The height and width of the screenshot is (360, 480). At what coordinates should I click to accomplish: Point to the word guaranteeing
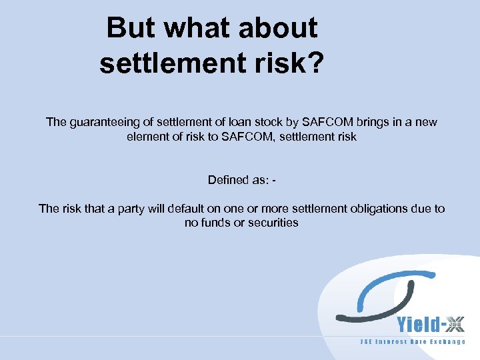pyautogui.click(x=101, y=123)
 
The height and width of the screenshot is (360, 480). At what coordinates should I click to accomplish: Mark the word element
pyautogui.click(x=145, y=137)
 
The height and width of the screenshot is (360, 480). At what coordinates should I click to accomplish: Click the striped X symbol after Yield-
pyautogui.click(x=455, y=325)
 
